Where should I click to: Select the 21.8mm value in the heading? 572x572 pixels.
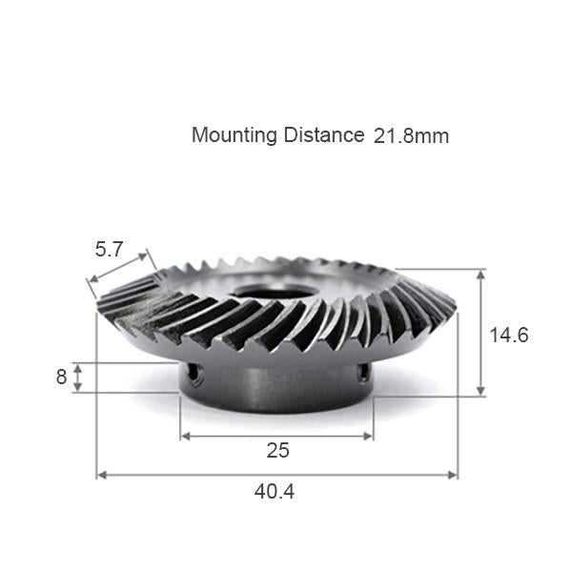(x=411, y=135)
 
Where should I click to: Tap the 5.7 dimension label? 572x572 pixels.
(x=109, y=250)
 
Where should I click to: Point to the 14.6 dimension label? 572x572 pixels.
(x=508, y=336)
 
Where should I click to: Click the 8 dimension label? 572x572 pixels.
(x=61, y=377)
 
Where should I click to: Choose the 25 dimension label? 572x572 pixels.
(x=277, y=450)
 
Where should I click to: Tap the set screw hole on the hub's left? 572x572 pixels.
(x=197, y=376)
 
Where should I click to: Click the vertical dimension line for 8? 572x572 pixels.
(x=80, y=377)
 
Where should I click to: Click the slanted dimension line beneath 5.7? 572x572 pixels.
(x=119, y=268)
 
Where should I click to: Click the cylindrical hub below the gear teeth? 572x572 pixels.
(x=276, y=386)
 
